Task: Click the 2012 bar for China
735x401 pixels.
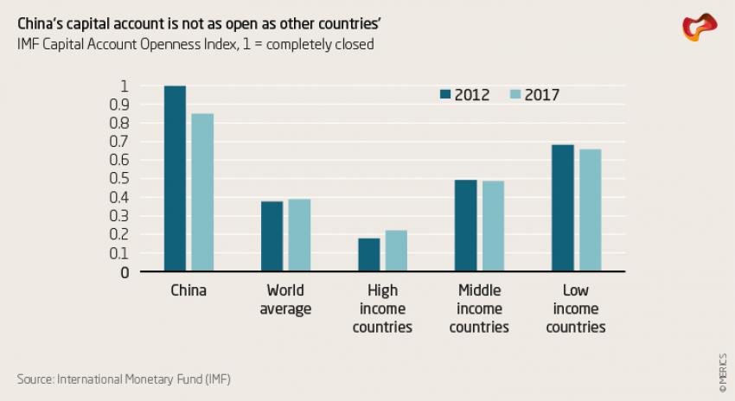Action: tap(175, 179)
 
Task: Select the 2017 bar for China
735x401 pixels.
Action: tap(202, 193)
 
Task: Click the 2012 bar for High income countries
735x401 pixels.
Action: tap(368, 255)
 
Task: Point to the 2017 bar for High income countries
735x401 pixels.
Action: tap(396, 251)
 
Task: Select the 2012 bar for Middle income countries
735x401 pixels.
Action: tap(465, 226)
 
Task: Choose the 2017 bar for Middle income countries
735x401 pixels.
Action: tap(493, 226)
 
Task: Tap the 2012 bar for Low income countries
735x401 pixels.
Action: tap(562, 208)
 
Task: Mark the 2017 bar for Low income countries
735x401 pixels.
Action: tap(590, 210)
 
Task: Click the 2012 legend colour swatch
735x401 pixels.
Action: tap(446, 95)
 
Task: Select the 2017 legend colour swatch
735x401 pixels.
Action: tap(514, 95)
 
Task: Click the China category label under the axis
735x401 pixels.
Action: tap(189, 290)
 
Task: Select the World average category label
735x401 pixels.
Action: tap(285, 300)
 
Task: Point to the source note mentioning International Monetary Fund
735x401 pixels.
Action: tap(124, 379)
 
